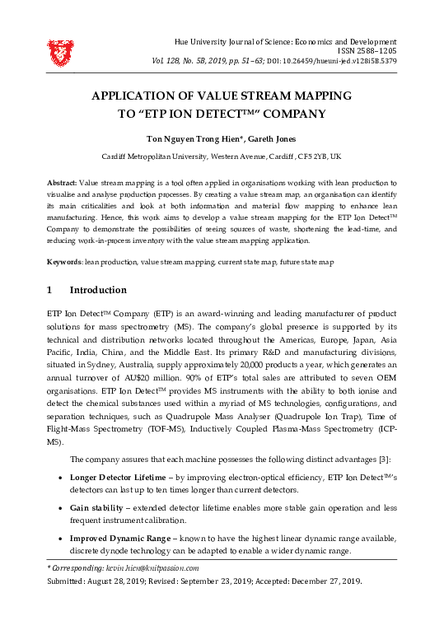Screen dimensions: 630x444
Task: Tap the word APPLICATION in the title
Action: coord(143,96)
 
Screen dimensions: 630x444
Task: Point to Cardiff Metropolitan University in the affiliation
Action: coord(155,156)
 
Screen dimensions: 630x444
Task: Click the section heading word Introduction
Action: coord(98,290)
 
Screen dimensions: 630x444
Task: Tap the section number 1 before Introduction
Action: coord(50,290)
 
